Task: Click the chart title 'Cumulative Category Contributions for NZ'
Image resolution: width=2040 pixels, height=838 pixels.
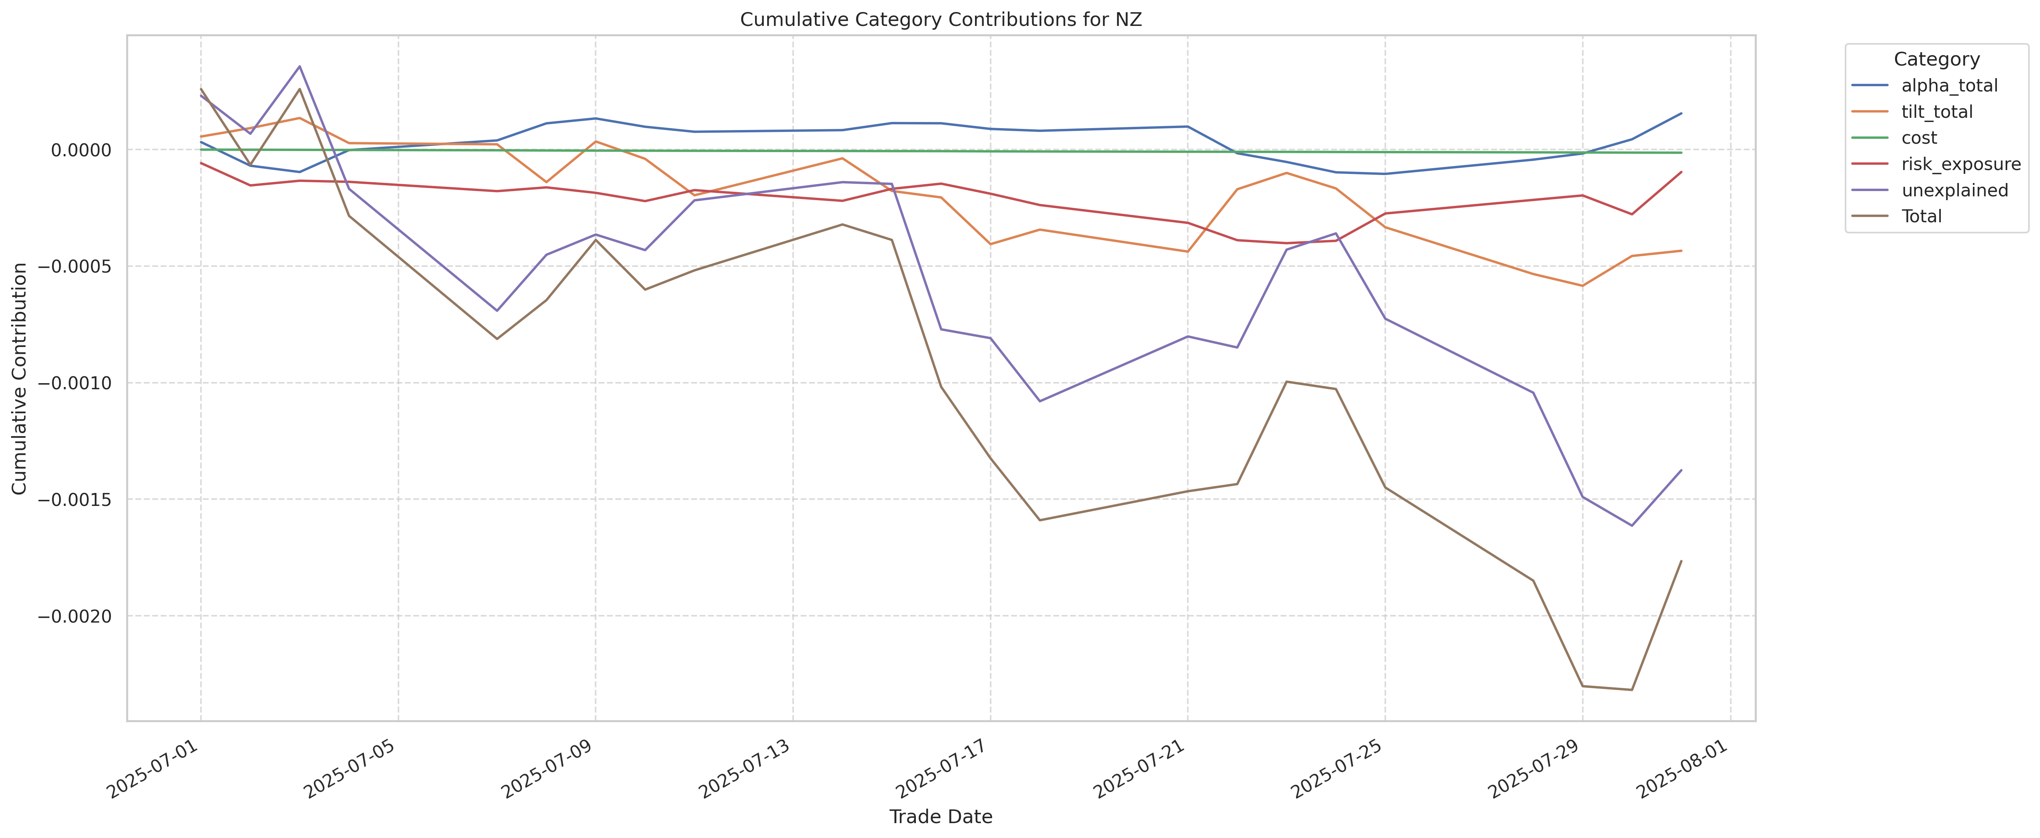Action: pos(941,20)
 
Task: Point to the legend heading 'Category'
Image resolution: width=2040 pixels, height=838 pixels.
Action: pos(1936,59)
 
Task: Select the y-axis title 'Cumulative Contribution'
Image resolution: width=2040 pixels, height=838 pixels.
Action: pos(20,379)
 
